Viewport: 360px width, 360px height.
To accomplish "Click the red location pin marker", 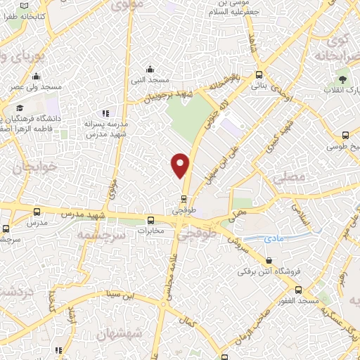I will [x=181, y=165].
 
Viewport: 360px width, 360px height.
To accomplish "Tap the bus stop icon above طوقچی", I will [x=184, y=198].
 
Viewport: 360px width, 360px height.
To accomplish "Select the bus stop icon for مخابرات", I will [x=150, y=219].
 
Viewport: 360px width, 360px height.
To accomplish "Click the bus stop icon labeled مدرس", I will [x=37, y=211].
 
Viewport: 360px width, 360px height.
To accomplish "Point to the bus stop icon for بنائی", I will [x=259, y=75].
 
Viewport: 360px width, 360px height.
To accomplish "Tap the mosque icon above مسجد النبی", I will [x=149, y=69].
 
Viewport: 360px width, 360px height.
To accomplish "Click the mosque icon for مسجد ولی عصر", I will [x=36, y=77].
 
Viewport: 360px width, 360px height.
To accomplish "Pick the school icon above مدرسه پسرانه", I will [x=105, y=112].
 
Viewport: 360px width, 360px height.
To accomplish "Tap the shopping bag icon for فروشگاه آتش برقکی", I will [x=268, y=260].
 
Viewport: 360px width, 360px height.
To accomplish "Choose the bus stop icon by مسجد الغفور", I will [x=299, y=289].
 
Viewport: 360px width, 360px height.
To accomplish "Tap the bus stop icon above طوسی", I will [x=345, y=136].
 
